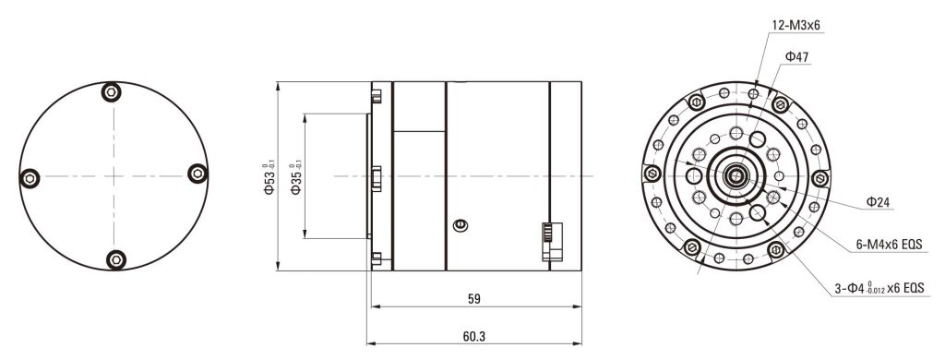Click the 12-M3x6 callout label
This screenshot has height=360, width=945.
795,25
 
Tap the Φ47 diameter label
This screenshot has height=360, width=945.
796,57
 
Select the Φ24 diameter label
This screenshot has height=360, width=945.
879,202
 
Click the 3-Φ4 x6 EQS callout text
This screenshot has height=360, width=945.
879,289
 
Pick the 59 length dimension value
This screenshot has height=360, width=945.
474,298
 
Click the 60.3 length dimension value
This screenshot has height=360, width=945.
474,336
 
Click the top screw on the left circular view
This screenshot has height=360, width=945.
111,92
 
